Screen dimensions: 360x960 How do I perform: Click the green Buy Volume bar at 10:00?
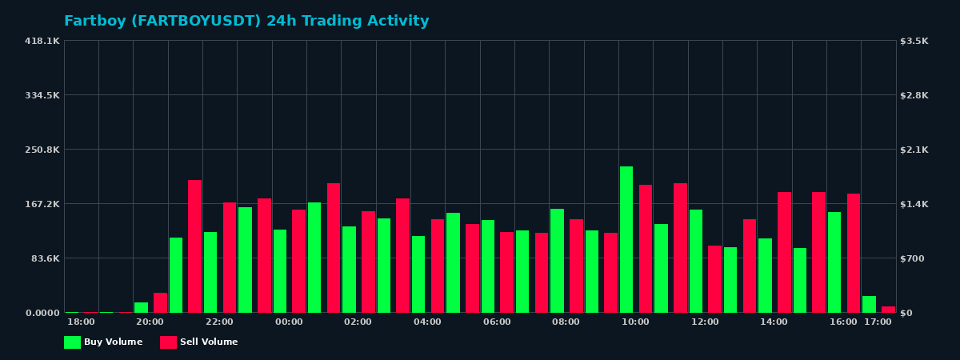tap(626, 240)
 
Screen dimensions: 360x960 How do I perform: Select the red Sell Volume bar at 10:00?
tap(646, 249)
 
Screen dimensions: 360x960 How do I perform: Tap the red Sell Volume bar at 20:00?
tap(160, 303)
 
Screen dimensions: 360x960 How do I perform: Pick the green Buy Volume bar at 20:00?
tap(141, 308)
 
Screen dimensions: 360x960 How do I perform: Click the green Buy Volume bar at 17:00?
tap(869, 305)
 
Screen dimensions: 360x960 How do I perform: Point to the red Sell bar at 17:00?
tap(888, 310)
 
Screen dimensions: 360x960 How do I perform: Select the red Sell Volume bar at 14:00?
tap(784, 252)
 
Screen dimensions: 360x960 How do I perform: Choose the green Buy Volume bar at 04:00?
tap(418, 274)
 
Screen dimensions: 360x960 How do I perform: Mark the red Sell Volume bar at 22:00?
tap(230, 258)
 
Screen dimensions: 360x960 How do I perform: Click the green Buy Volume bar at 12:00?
tap(696, 261)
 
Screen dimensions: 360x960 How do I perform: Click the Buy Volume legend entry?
tap(103, 342)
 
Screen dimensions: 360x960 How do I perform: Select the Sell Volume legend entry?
tap(198, 342)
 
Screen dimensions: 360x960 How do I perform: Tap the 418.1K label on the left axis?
tap(42, 41)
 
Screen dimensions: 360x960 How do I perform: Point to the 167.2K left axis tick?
tap(42, 204)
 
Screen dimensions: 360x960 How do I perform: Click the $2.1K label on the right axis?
tap(914, 150)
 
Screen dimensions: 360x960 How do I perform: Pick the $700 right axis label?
tap(913, 258)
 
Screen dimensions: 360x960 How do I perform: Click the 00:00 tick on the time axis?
tap(289, 322)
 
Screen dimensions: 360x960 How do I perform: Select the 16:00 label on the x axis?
tap(843, 322)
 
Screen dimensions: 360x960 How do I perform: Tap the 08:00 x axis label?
tap(566, 322)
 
